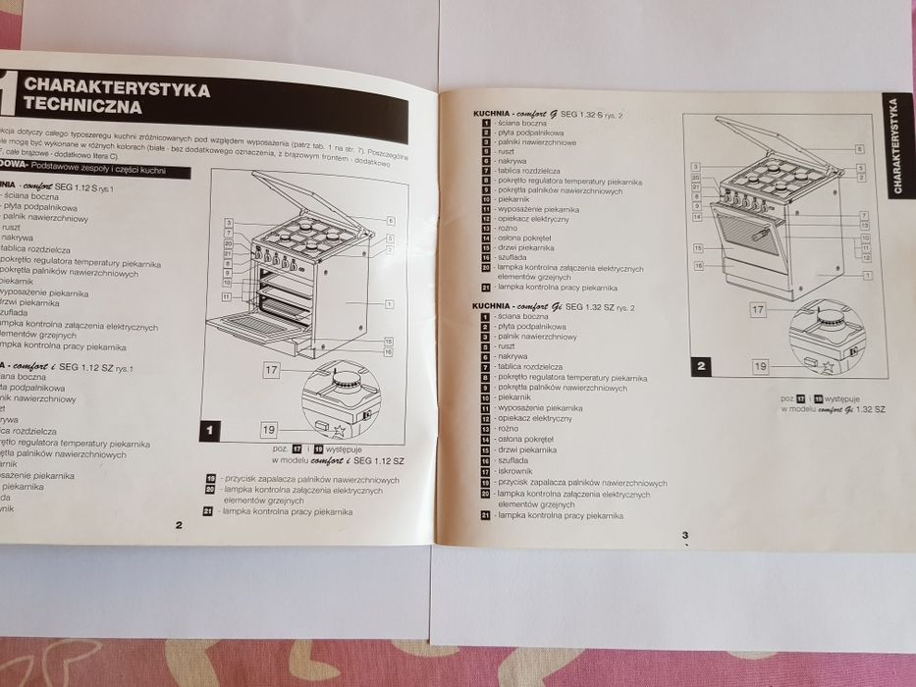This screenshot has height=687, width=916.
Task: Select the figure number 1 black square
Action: (x=209, y=429)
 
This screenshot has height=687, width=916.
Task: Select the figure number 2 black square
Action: (x=701, y=368)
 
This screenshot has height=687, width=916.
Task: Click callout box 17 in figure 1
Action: (x=273, y=370)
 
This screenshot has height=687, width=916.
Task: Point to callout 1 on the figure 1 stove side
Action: (x=389, y=304)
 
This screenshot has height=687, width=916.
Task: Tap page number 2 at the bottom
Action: (x=178, y=524)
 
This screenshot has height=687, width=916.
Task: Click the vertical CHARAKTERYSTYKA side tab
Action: (x=895, y=146)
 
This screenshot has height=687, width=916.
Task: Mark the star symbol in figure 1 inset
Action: (x=340, y=429)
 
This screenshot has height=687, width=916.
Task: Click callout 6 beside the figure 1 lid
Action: (x=389, y=221)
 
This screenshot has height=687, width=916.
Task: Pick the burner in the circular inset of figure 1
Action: (x=346, y=379)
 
